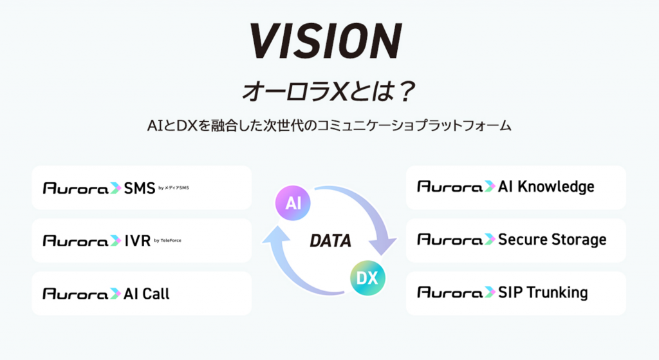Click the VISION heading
(326, 41)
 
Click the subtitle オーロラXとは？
(329, 91)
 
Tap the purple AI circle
(293, 203)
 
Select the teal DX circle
(367, 278)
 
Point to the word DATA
(330, 241)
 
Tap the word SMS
(140, 188)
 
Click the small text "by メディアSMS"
(174, 187)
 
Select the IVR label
(138, 241)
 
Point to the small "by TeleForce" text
(168, 241)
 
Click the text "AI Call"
(147, 294)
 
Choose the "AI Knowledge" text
(546, 187)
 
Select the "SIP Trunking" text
(543, 293)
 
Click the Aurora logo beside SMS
(76, 188)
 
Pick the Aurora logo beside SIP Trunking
(450, 292)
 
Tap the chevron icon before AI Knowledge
(490, 186)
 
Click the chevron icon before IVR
(115, 241)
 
